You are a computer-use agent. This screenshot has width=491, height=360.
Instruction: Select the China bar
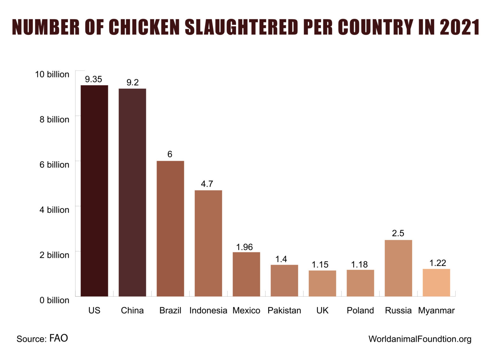click(132, 192)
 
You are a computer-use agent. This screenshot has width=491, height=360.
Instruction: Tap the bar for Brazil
click(170, 228)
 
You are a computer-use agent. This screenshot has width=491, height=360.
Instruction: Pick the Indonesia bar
click(208, 243)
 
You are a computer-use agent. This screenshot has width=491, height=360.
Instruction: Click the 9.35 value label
click(93, 79)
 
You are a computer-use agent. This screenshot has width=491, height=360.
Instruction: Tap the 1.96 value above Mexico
click(244, 247)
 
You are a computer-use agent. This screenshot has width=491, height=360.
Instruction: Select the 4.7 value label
click(207, 184)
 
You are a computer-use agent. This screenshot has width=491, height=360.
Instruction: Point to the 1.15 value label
click(320, 265)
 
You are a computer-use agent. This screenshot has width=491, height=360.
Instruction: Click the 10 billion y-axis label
click(52, 74)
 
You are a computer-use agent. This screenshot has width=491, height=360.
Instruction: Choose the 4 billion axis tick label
click(54, 210)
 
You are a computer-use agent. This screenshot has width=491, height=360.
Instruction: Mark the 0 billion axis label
click(54, 300)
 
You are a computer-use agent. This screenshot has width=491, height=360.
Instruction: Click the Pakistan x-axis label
click(284, 310)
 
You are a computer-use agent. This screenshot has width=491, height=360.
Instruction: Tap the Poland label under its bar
click(360, 310)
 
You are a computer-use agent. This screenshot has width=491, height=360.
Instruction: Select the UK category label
click(322, 310)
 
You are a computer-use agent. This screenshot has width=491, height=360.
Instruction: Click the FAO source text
click(58, 338)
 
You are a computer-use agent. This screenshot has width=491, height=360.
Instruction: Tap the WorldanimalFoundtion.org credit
click(420, 339)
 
